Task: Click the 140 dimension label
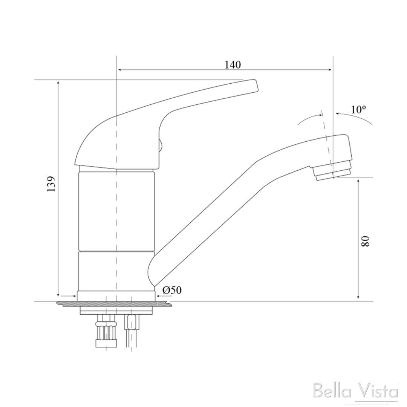pyautogui.click(x=233, y=64)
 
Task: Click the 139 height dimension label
pyautogui.click(x=51, y=184)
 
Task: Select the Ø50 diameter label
pyautogui.click(x=172, y=290)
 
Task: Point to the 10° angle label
pyautogui.click(x=358, y=110)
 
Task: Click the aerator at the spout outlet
pyautogui.click(x=332, y=173)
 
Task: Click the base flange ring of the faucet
pyautogui.click(x=116, y=296)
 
